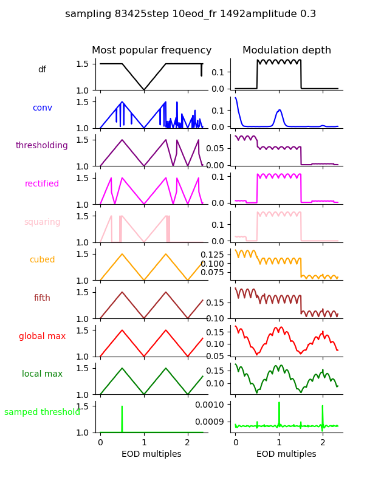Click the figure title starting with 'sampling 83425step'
[190, 14]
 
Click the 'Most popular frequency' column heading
[151, 50]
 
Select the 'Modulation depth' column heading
[287, 50]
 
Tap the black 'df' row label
[42, 70]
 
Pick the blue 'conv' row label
[42, 108]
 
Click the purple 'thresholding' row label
[42, 146]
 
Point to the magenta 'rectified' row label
[42, 184]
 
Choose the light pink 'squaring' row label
[42, 222]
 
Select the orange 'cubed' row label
[42, 260]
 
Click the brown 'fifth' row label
[42, 298]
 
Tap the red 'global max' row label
[42, 337]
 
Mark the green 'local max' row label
[42, 374]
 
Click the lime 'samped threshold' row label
[42, 412]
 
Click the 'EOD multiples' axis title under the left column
[151, 454]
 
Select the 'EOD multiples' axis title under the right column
[286, 454]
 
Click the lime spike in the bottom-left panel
[122, 416]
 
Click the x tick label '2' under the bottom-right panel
[323, 443]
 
